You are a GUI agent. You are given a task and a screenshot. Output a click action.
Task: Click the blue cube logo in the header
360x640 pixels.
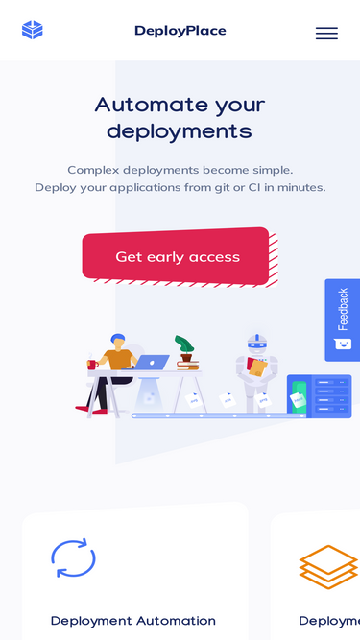coord(33,31)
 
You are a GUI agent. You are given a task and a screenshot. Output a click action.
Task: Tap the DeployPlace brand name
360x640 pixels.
coord(180,31)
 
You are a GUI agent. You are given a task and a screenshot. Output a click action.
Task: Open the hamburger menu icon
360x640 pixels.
coord(326,33)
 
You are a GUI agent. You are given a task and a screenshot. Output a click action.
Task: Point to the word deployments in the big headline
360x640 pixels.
coord(180,131)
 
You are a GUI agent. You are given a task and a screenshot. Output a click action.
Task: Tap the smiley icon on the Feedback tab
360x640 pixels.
coord(343,344)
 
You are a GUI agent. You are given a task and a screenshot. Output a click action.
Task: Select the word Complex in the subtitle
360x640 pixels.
coord(94,169)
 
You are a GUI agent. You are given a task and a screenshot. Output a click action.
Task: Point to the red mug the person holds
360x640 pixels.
coord(93,364)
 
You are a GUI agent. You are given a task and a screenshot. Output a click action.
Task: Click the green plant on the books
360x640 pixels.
coord(184,344)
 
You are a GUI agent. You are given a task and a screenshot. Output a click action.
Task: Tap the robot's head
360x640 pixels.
coord(257,343)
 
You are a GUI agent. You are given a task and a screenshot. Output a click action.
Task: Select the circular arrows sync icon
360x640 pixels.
coord(73,557)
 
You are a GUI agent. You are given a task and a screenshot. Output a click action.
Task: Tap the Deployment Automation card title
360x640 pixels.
coord(133,621)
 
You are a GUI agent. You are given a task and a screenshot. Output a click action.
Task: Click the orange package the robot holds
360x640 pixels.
coord(258,368)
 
